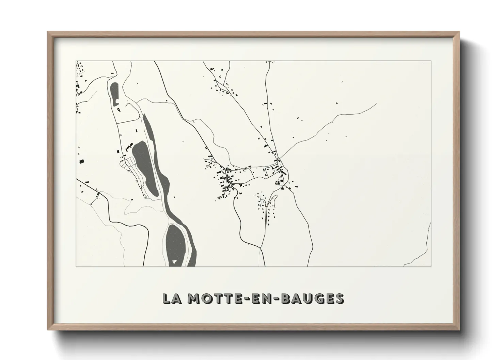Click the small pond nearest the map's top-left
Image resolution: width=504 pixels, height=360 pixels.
click(114, 93)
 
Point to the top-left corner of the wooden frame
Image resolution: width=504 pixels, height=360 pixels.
click(48, 32)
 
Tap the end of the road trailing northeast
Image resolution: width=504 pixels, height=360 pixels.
click(376, 103)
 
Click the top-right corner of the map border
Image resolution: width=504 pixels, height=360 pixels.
click(431, 61)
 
